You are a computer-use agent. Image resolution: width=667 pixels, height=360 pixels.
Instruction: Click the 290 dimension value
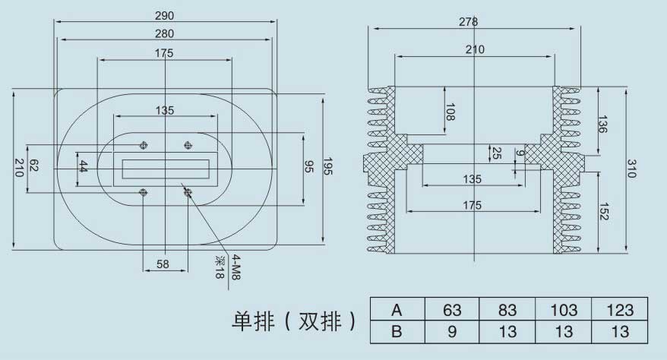click(x=164, y=16)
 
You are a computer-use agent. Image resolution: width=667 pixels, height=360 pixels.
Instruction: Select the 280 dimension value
click(x=164, y=33)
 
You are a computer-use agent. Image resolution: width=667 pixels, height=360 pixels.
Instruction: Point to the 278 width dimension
click(x=468, y=22)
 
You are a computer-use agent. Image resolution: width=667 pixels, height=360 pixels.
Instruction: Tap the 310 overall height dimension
click(x=631, y=169)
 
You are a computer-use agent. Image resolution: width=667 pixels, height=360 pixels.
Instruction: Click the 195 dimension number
click(x=328, y=166)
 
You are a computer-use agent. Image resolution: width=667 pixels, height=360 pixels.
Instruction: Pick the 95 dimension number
click(x=309, y=167)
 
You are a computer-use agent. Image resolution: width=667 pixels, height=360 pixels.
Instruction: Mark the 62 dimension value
click(x=33, y=166)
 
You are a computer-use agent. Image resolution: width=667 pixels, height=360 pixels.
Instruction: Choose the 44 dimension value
click(x=83, y=166)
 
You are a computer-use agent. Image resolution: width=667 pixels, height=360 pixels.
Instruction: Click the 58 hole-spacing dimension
click(x=163, y=264)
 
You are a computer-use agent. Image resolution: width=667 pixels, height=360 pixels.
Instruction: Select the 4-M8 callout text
click(x=236, y=267)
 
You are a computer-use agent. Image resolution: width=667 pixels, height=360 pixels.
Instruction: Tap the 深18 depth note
click(x=219, y=267)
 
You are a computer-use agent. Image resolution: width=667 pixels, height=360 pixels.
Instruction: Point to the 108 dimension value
click(x=450, y=112)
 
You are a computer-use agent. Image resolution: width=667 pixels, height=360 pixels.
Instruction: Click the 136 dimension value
click(x=602, y=124)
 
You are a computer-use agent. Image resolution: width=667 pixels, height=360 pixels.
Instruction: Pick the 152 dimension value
click(x=603, y=211)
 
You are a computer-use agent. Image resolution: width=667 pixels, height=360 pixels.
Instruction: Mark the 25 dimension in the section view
click(x=496, y=153)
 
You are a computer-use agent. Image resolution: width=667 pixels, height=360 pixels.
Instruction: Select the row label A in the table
click(x=397, y=310)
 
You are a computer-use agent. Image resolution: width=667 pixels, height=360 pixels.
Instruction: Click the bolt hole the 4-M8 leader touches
click(x=188, y=193)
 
